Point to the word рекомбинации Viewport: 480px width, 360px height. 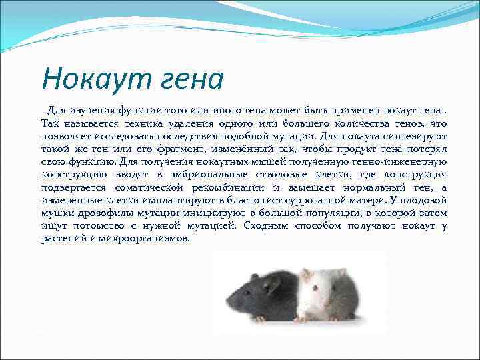tap(226, 188)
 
